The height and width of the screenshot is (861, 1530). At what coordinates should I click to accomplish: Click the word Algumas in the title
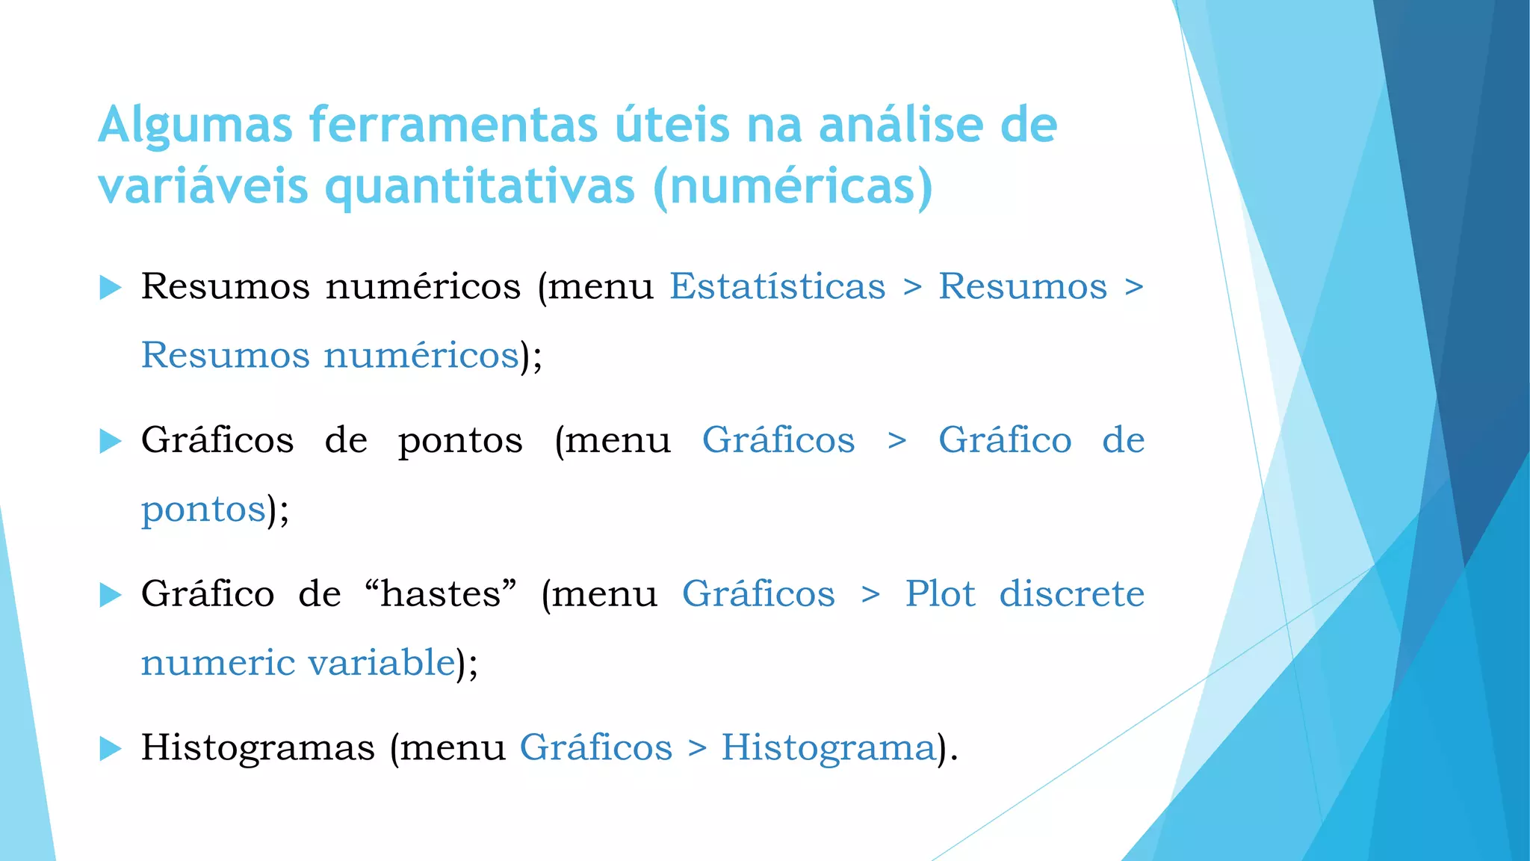pos(195,126)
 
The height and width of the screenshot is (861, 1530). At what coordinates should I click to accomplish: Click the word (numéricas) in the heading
pos(793,186)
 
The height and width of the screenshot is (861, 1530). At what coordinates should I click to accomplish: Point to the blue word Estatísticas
pos(777,286)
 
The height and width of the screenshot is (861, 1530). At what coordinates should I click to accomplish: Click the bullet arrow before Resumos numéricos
pos(110,287)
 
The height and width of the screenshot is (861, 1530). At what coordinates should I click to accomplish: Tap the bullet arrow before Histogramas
pos(110,748)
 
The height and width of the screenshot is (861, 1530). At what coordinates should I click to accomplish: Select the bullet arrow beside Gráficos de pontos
pos(110,441)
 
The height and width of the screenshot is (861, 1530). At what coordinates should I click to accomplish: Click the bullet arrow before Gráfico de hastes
pos(110,595)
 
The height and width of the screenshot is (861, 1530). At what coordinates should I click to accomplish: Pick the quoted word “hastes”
pos(441,594)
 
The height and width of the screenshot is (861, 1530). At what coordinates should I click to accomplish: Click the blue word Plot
pos(940,594)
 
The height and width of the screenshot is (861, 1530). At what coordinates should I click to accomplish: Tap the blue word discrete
pos(1071,594)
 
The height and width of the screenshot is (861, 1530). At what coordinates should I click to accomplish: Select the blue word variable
pos(381,663)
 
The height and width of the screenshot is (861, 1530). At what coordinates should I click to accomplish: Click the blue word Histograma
pos(828,747)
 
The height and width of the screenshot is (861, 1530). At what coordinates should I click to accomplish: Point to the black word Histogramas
pos(258,747)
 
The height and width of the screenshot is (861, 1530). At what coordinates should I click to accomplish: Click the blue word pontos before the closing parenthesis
pos(203,510)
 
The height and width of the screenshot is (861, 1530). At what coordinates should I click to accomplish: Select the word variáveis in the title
pos(202,186)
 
